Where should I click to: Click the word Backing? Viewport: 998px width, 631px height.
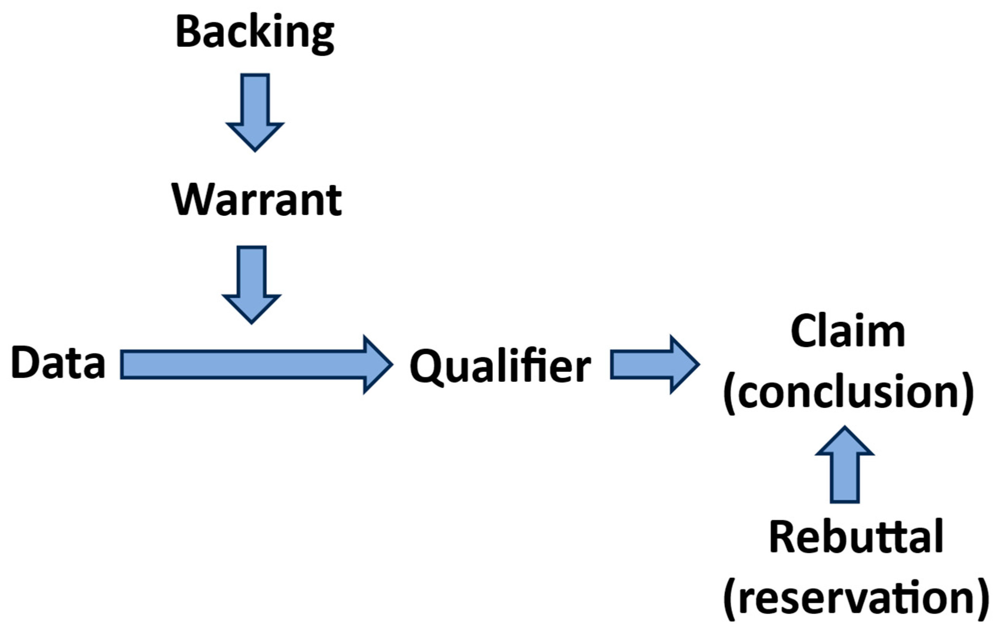255,33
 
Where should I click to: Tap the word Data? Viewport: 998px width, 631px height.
58,363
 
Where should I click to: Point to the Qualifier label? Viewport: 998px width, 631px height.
500,366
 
